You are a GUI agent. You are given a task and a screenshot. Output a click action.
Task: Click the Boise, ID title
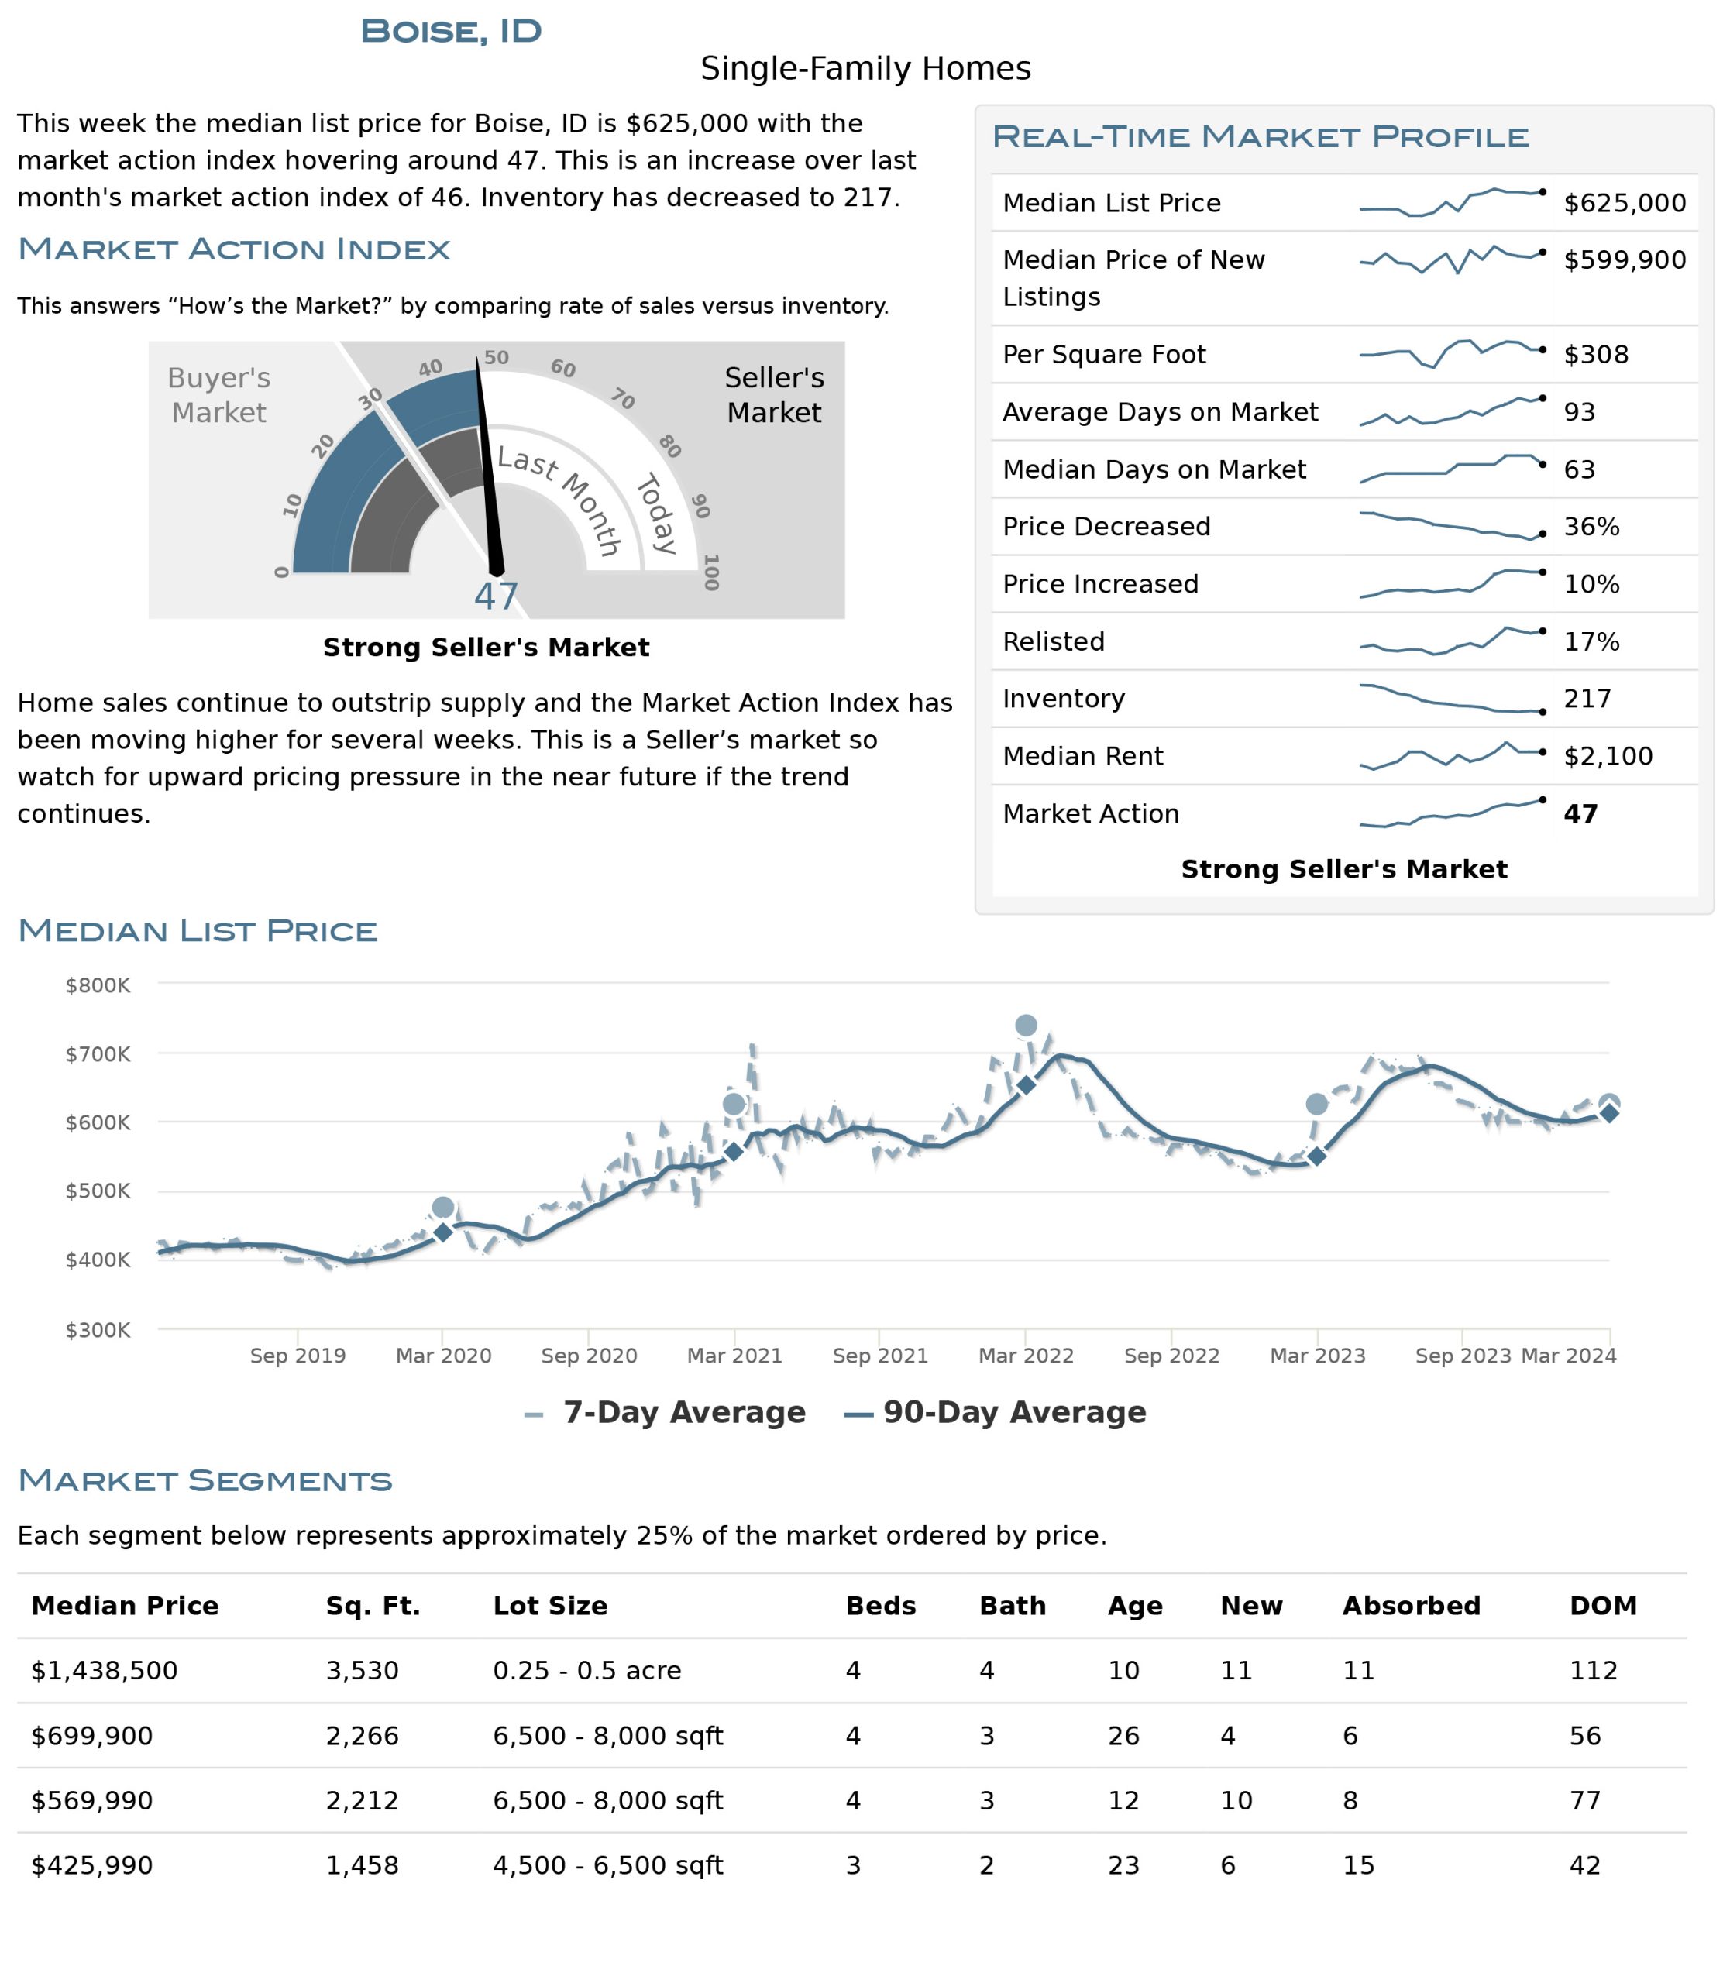(x=451, y=31)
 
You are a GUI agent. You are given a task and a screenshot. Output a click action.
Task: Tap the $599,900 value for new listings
(x=1625, y=259)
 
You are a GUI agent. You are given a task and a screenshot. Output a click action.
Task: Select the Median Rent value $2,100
(x=1608, y=756)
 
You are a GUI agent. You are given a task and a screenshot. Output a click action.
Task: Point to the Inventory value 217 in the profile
(x=1588, y=698)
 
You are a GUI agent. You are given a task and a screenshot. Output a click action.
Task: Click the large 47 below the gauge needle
(x=496, y=596)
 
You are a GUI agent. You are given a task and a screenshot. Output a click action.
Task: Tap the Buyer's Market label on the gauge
(x=219, y=395)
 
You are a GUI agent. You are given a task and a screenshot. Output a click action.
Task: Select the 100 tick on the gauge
(x=711, y=572)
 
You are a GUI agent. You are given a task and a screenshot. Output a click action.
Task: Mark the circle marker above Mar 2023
(x=1317, y=1104)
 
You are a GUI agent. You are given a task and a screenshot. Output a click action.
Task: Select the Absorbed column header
(x=1412, y=1606)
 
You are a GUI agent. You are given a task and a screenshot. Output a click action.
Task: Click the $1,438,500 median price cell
(x=105, y=1671)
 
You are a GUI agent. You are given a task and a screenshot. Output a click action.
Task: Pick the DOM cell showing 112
(x=1593, y=1671)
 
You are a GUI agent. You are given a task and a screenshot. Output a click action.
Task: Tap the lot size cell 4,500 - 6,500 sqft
(x=607, y=1865)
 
